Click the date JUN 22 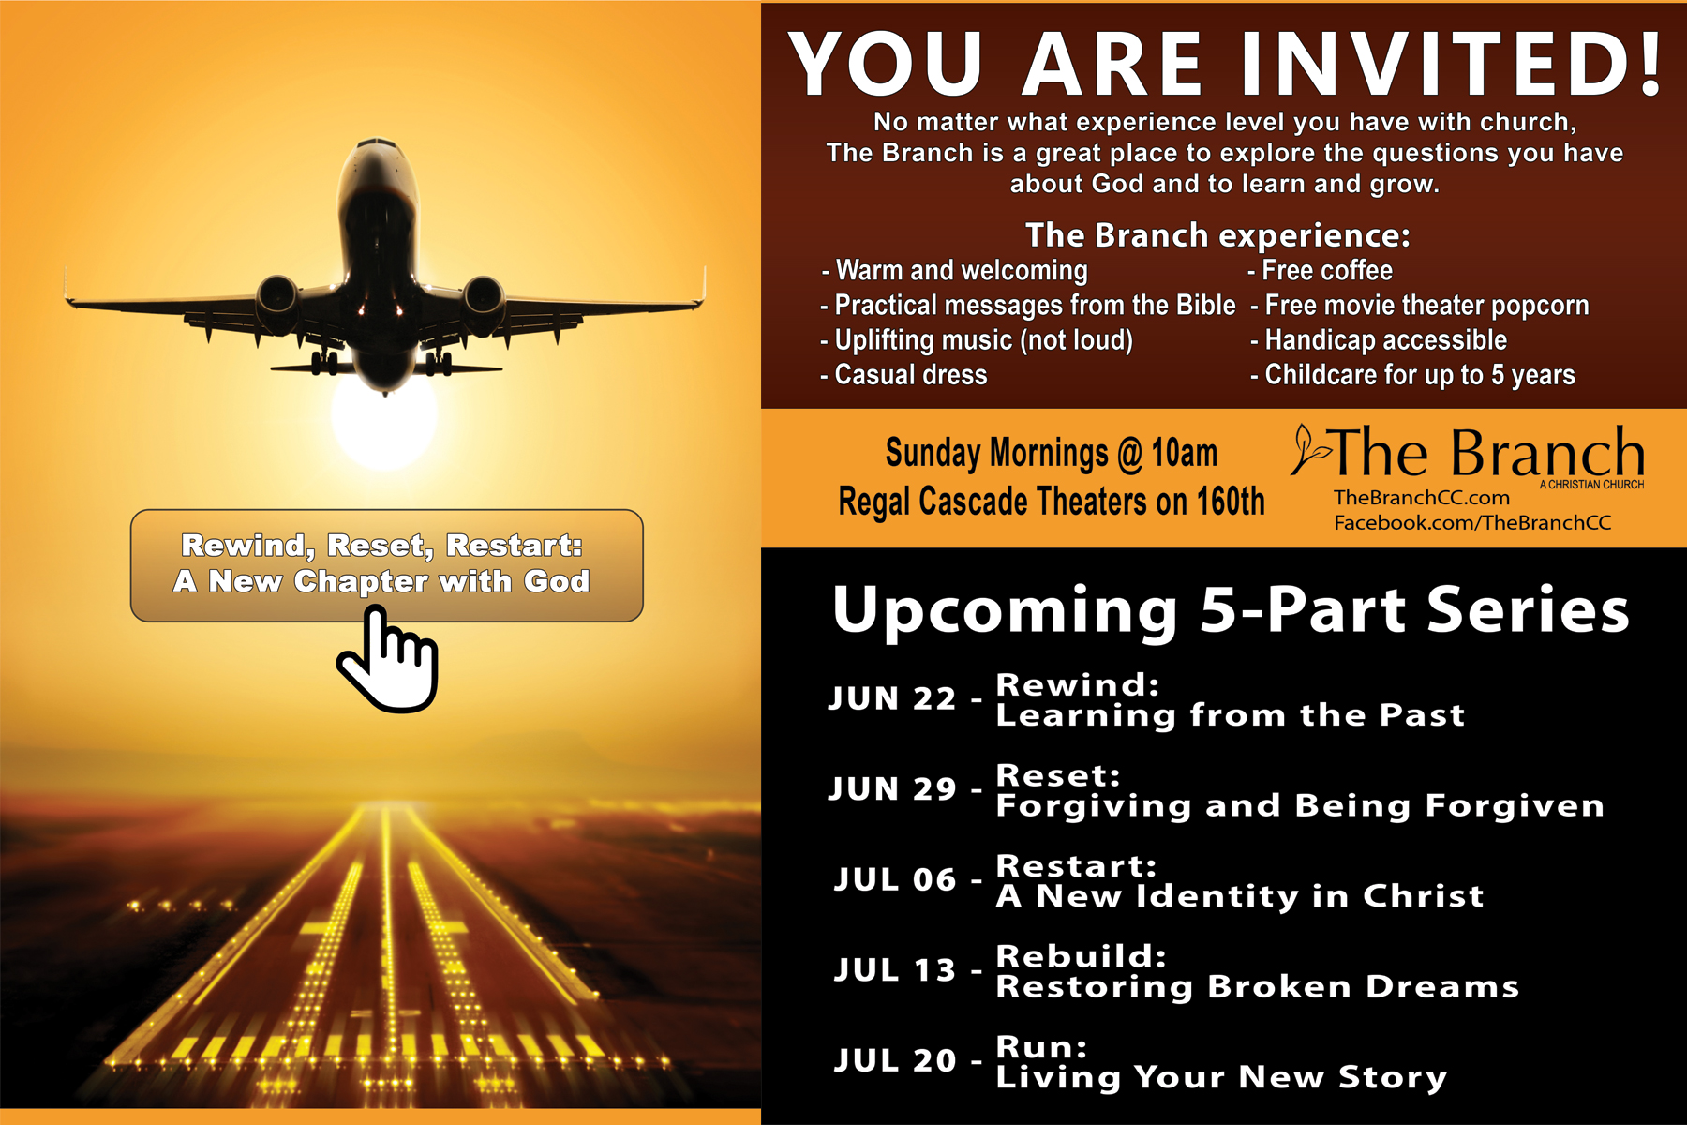(892, 698)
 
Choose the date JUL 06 (895, 879)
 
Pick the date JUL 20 (895, 1060)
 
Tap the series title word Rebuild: (1081, 956)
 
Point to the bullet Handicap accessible (1379, 340)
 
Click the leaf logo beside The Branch (1309, 450)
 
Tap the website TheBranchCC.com (1422, 498)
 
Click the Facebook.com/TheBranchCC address (1472, 522)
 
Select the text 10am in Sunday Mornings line (1184, 453)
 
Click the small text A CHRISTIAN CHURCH (1591, 485)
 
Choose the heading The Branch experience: (1217, 234)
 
